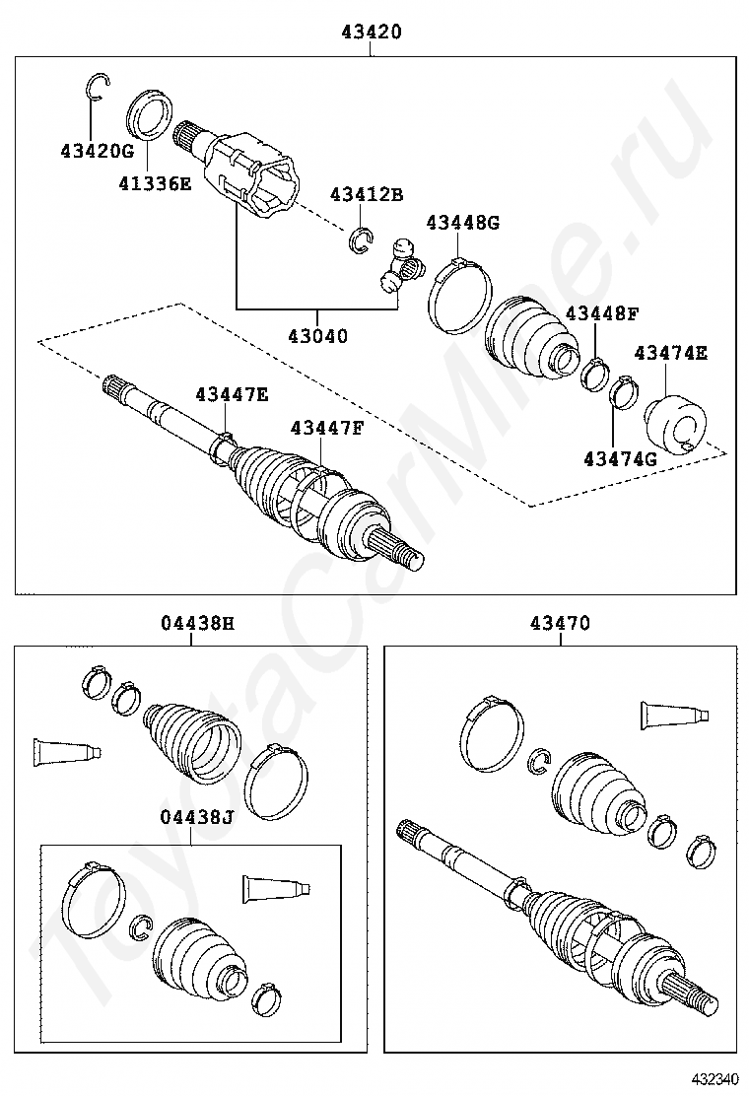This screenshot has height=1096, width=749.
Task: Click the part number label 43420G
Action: pos(96,151)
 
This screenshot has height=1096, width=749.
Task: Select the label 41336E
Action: pos(156,182)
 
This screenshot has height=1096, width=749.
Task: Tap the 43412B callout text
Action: pos(367,195)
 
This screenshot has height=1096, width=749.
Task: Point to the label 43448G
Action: pos(462,223)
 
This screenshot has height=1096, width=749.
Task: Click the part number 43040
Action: pos(317,336)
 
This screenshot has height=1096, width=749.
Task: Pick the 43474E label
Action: pos(670,352)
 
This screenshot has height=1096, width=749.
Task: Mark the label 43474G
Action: pos(619,458)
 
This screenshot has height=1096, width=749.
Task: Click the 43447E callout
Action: pos(232,394)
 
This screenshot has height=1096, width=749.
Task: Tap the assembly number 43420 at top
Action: pos(372,32)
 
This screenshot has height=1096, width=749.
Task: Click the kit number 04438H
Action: pos(197,623)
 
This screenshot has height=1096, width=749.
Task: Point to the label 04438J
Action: pos(197,817)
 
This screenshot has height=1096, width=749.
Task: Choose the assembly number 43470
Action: pos(560,623)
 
